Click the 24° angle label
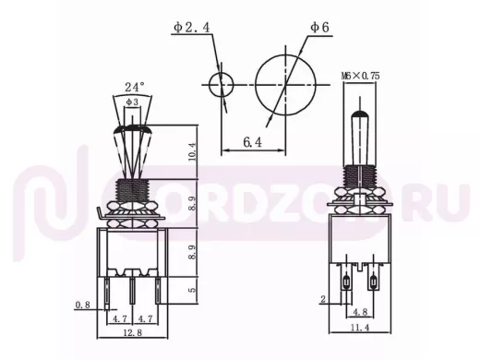[135, 87]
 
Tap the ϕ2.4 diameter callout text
[191, 28]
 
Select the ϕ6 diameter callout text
[319, 28]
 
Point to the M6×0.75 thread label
[360, 76]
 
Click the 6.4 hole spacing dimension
[252, 142]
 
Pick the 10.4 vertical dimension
[191, 151]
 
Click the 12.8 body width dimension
[133, 332]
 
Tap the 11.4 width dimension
[360, 328]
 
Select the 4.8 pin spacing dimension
[360, 312]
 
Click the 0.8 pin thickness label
[83, 305]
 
